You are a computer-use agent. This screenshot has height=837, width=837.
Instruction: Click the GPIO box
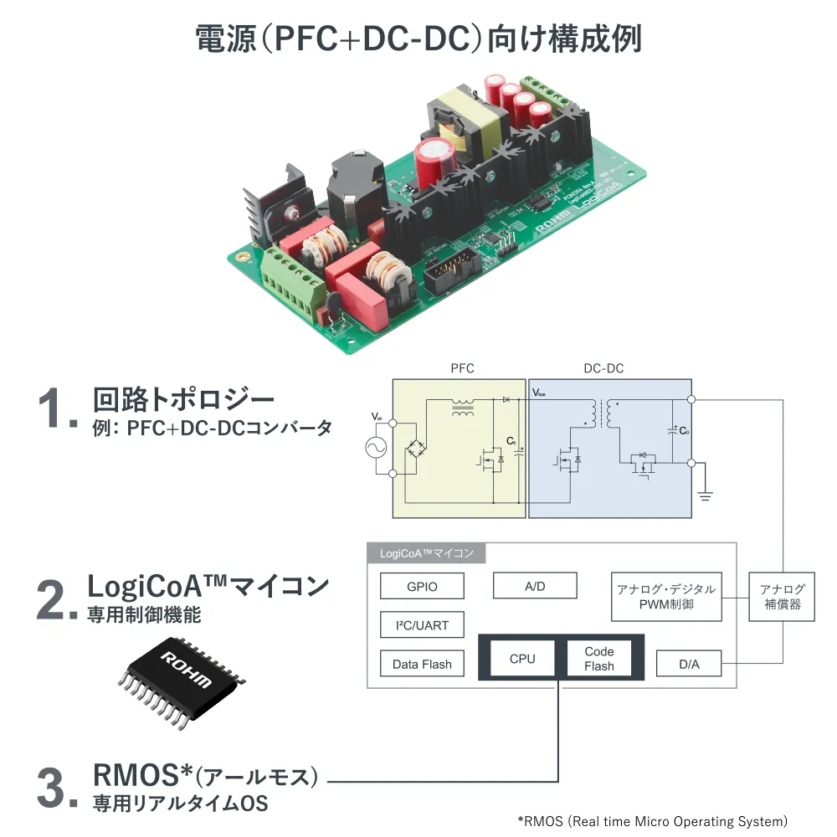[422, 586]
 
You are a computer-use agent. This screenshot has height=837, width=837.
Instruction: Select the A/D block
[535, 586]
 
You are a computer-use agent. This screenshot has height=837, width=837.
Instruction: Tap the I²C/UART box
[422, 624]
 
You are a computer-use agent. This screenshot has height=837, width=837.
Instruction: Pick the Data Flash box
[422, 664]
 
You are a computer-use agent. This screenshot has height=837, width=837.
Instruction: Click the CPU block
[522, 659]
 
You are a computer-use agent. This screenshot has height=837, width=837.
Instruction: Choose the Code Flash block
[599, 659]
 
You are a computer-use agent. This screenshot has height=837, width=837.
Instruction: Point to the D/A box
[689, 664]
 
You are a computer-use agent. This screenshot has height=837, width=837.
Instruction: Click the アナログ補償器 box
[783, 596]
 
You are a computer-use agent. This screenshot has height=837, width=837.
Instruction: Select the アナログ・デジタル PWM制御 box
[666, 596]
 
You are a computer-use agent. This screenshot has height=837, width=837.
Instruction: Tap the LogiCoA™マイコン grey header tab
[427, 553]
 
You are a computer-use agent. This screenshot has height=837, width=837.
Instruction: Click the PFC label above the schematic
[462, 368]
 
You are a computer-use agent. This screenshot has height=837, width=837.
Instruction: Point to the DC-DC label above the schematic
[603, 368]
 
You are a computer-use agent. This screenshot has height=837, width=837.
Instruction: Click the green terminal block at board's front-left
[293, 283]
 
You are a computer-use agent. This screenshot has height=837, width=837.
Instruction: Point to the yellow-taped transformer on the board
[465, 121]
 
